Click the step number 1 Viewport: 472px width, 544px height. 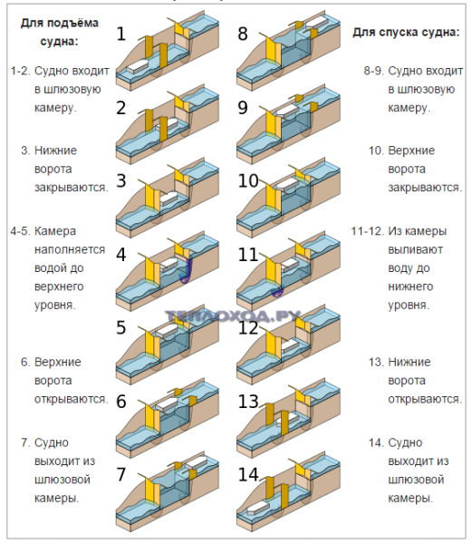pyautogui.click(x=120, y=34)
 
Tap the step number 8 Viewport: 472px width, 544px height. pyautogui.click(x=242, y=34)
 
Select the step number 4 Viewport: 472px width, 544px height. pyautogui.click(x=120, y=255)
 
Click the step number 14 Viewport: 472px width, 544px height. pyautogui.click(x=248, y=474)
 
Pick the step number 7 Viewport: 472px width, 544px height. pyautogui.click(x=120, y=474)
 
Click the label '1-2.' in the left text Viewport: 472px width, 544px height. pyautogui.click(x=20, y=70)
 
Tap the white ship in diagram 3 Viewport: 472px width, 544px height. pyautogui.click(x=170, y=194)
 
